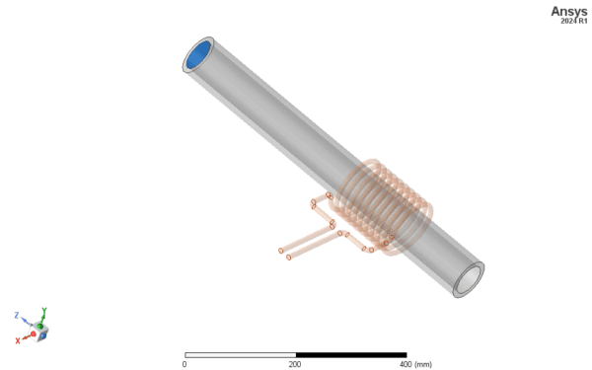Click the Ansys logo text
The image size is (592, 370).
tap(569, 11)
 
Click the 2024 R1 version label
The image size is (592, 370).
tap(574, 21)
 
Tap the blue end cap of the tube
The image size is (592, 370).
tap(198, 54)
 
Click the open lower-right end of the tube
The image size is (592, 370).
tap(469, 279)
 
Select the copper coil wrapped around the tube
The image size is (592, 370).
tap(381, 207)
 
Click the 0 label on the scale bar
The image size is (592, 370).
tap(185, 364)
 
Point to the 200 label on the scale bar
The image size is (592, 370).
tap(295, 364)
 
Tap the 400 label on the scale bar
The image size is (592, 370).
tap(406, 364)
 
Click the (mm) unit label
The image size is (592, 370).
tap(423, 364)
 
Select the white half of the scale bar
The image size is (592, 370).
tap(241, 355)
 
